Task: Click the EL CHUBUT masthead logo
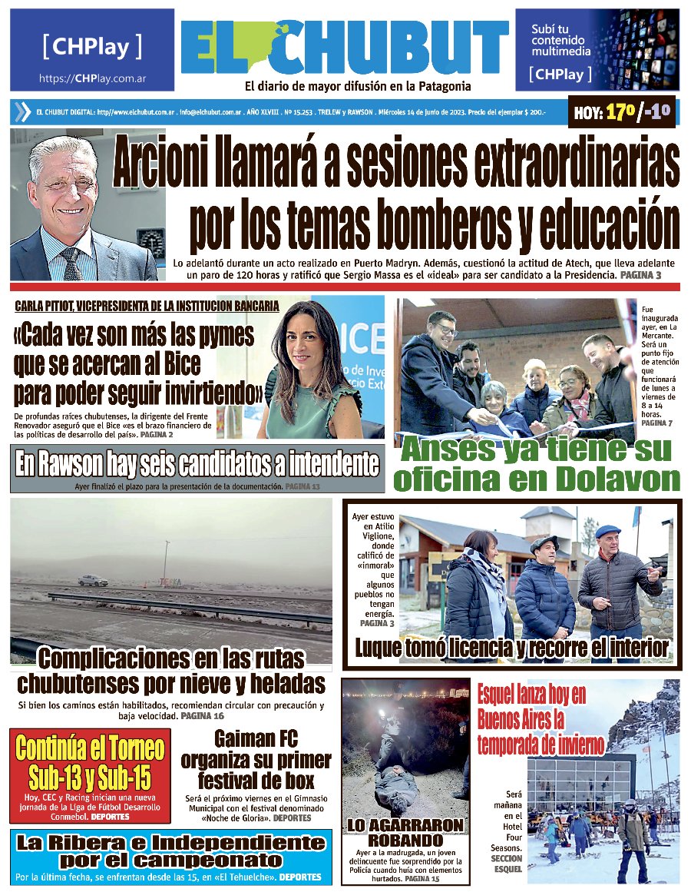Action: click(x=345, y=48)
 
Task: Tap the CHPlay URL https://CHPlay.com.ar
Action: click(x=93, y=79)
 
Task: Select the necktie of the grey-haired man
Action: click(x=71, y=264)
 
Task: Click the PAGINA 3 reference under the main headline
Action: click(x=640, y=274)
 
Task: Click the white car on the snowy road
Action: click(x=93, y=580)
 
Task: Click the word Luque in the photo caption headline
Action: click(x=384, y=648)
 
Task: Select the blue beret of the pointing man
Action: click(x=607, y=531)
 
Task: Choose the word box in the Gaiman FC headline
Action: click(x=299, y=781)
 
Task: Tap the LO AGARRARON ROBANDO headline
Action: click(x=405, y=833)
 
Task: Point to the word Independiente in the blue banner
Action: click(x=247, y=843)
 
